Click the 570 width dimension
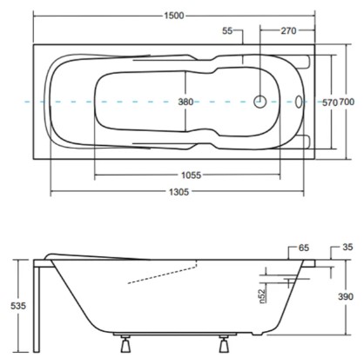[x=329, y=103]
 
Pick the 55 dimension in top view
[x=228, y=32]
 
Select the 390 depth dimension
[x=346, y=296]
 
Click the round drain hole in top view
[x=260, y=102]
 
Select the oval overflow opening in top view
[x=300, y=102]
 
